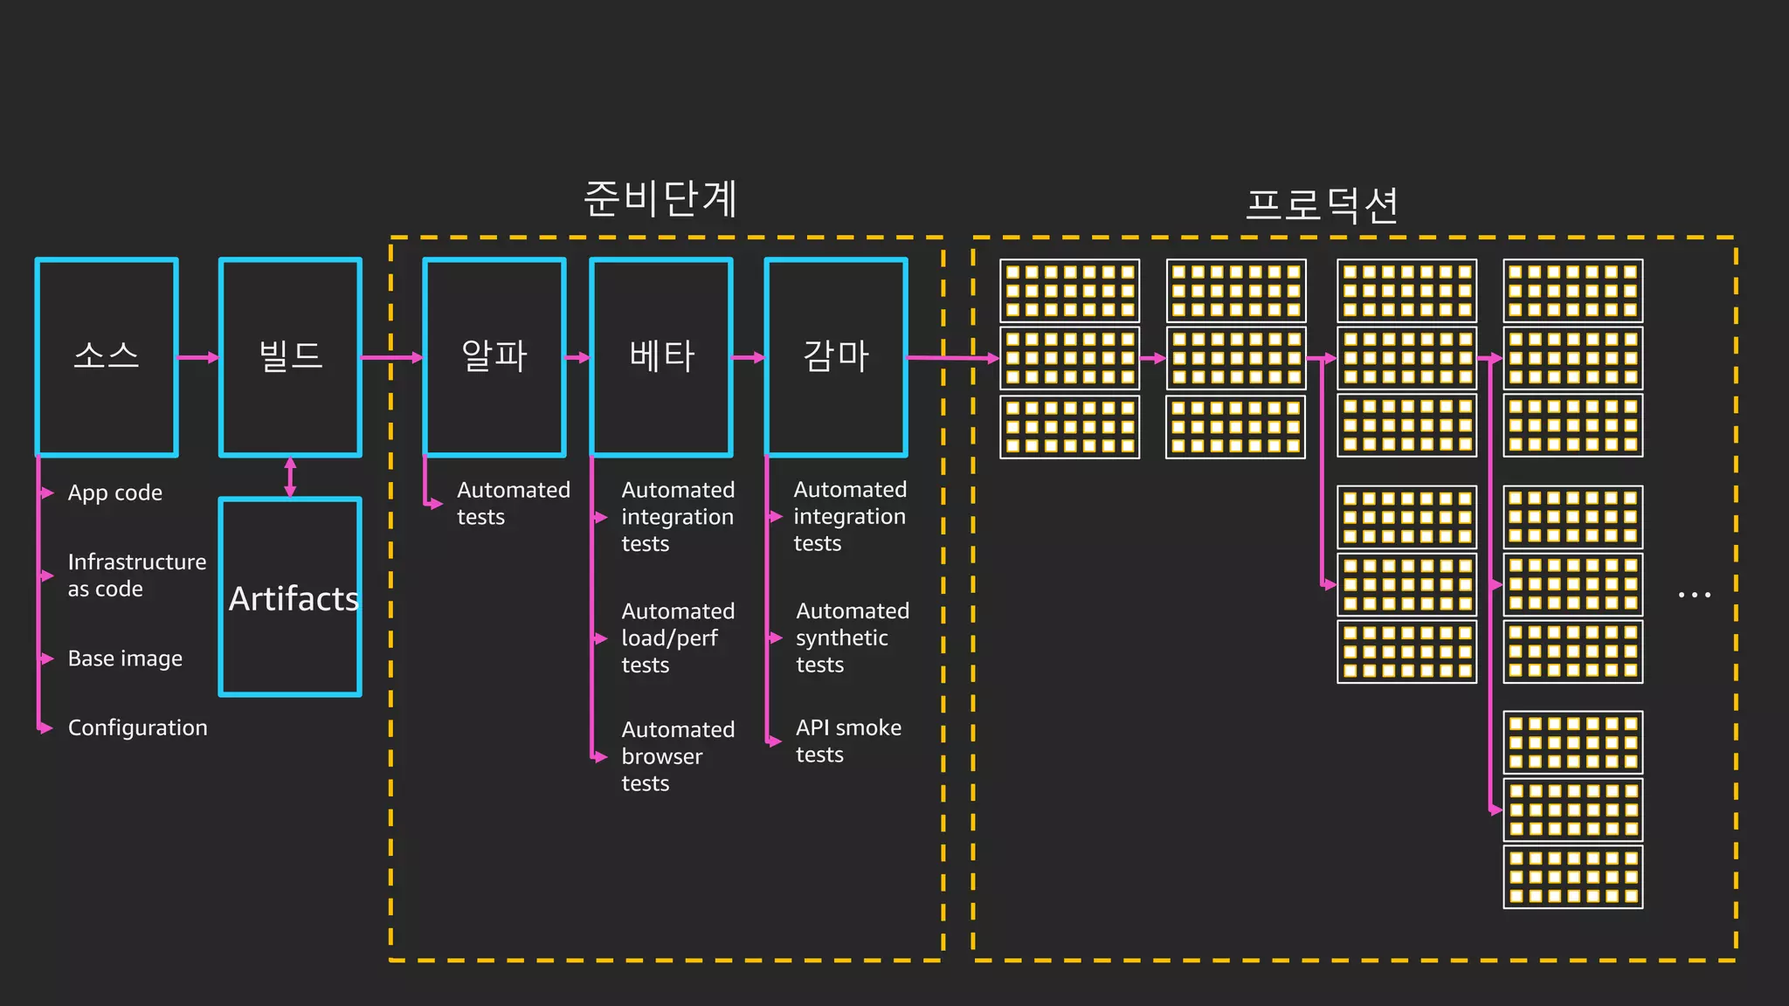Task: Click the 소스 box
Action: click(x=107, y=357)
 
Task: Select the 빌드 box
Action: click(x=290, y=357)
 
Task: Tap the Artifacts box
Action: click(x=290, y=597)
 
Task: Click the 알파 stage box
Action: click(x=494, y=357)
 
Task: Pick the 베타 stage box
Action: click(x=661, y=357)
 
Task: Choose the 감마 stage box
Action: click(x=836, y=357)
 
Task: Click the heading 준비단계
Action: click(x=660, y=199)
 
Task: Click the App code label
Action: click(x=115, y=493)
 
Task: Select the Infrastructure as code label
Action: click(x=136, y=575)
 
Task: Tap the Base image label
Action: click(x=125, y=658)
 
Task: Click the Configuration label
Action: click(x=137, y=728)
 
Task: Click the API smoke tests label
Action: click(x=847, y=741)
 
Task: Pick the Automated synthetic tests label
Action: click(x=852, y=637)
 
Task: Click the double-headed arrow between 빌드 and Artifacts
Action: click(x=290, y=477)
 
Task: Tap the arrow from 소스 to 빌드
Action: click(x=198, y=357)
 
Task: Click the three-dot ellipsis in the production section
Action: click(x=1694, y=596)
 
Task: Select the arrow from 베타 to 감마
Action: click(x=749, y=357)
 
